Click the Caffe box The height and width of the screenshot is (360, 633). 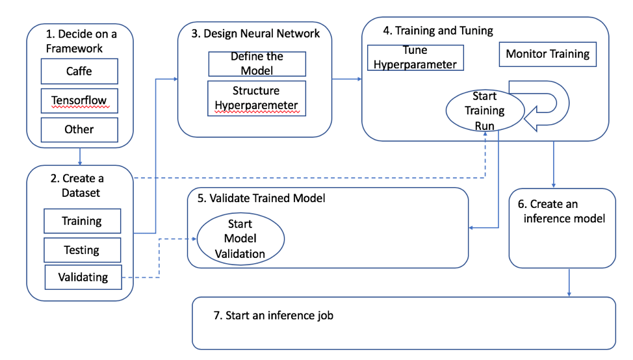[x=79, y=71]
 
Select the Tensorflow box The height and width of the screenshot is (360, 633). [x=79, y=101]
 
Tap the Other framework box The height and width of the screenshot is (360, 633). [x=79, y=130]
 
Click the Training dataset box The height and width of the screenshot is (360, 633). [x=82, y=221]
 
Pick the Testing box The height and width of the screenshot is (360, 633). [x=82, y=250]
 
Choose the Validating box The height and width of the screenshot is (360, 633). [x=83, y=277]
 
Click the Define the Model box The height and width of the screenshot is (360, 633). [x=257, y=64]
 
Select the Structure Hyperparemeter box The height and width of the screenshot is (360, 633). [x=257, y=98]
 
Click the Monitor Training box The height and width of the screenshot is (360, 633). [x=547, y=55]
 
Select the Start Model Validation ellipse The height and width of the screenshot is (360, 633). [x=240, y=238]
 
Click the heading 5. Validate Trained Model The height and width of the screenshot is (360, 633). [x=261, y=198]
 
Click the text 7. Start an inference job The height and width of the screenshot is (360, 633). [x=274, y=315]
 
